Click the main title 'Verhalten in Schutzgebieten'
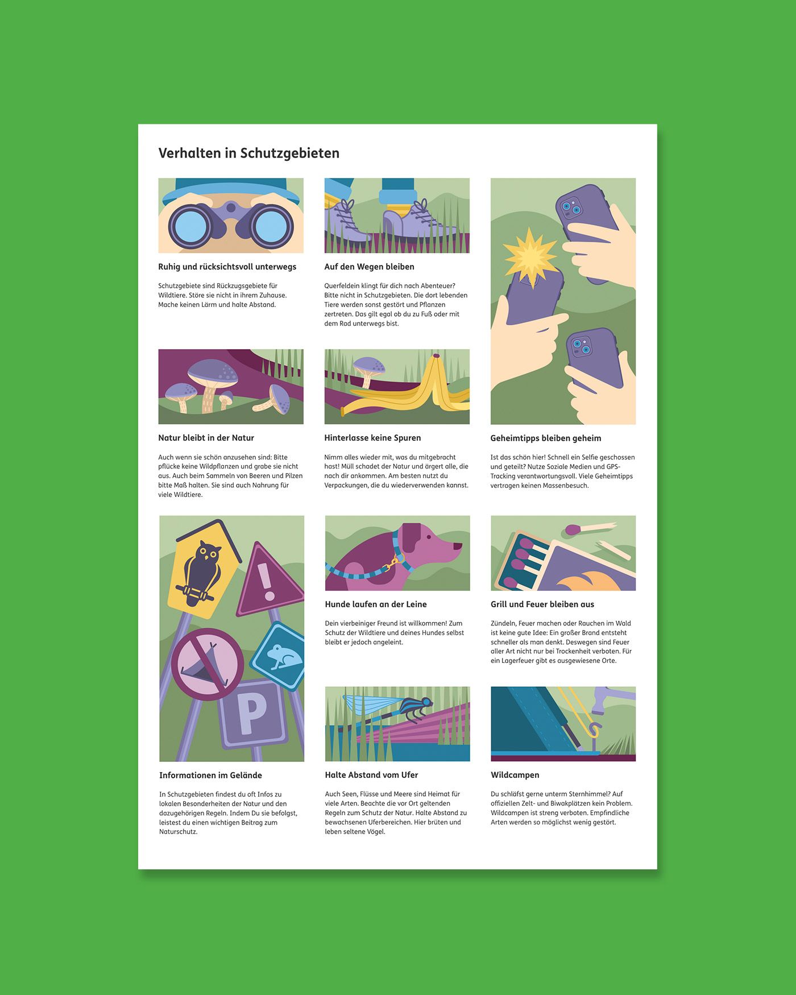[248, 153]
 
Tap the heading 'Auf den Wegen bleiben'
[369, 267]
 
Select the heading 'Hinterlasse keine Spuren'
[372, 438]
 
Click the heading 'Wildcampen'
[515, 775]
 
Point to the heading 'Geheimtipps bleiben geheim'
[546, 438]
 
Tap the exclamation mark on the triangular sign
[266, 581]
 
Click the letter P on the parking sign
[251, 714]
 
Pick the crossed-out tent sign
[208, 664]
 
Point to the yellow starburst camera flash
[530, 256]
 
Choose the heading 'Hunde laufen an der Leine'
[376, 604]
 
